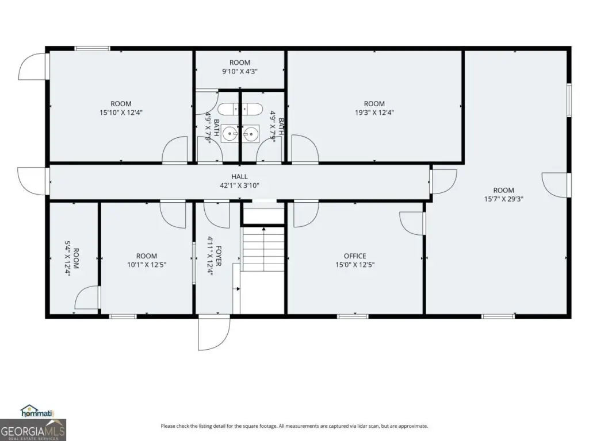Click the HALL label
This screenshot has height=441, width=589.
(x=239, y=177)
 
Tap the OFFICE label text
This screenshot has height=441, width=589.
(x=355, y=256)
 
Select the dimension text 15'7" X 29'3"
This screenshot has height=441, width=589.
(x=503, y=199)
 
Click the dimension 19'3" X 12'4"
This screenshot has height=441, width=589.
(x=374, y=113)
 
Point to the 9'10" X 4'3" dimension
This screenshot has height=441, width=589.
(x=240, y=71)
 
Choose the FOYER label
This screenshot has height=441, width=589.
(x=219, y=256)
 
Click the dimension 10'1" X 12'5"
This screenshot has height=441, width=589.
(x=147, y=265)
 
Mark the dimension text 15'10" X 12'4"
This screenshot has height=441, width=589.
(x=121, y=113)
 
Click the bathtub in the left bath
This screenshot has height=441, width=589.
(x=229, y=109)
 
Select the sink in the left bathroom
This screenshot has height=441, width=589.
(x=230, y=133)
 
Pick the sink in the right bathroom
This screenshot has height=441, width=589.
(x=251, y=134)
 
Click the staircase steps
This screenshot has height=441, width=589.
(x=263, y=249)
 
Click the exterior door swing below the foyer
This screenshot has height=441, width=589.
(x=214, y=333)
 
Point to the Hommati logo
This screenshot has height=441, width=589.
(x=37, y=411)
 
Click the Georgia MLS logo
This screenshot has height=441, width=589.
(x=33, y=430)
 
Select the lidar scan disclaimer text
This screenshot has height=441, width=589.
(x=294, y=426)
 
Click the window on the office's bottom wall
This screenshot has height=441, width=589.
(x=353, y=316)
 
